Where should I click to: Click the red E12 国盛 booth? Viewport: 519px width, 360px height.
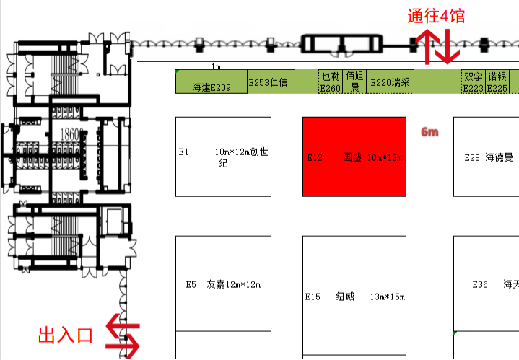(x=353, y=157)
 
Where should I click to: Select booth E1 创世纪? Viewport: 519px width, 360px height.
(x=224, y=157)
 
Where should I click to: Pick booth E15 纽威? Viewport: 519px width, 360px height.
(x=353, y=296)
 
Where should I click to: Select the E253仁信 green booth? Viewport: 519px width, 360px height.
(x=268, y=82)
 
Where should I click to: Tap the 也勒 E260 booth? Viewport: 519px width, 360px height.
(x=331, y=82)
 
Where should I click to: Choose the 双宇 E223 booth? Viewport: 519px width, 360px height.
(x=474, y=82)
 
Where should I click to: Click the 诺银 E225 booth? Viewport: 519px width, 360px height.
(x=497, y=82)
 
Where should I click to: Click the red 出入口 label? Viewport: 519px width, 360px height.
(x=65, y=335)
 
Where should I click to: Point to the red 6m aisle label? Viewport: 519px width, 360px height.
(x=429, y=133)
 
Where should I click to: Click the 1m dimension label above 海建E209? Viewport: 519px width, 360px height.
(x=216, y=66)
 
